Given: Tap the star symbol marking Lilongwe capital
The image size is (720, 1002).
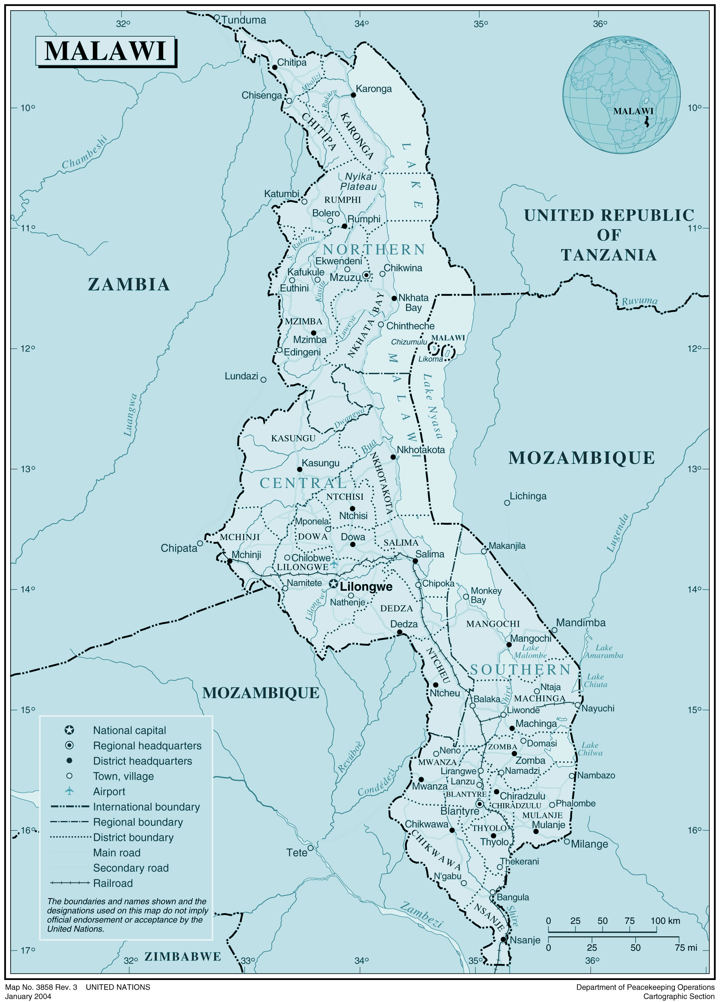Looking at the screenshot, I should tap(333, 584).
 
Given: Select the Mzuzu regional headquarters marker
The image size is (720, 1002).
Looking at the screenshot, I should tap(366, 275).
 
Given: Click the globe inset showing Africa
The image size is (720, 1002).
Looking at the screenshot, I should tap(621, 95).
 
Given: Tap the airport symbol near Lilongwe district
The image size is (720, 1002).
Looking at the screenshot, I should tap(334, 565).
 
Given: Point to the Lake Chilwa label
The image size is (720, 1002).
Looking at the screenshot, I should tap(590, 749).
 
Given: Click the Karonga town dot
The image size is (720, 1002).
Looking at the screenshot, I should tap(353, 95).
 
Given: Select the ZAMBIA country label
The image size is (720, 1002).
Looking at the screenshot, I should tap(129, 284).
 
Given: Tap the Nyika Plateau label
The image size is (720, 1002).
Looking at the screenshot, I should tap(358, 182).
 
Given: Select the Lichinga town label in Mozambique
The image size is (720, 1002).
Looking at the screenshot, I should tap(528, 496).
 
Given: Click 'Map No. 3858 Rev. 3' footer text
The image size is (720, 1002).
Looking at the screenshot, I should tap(41, 987).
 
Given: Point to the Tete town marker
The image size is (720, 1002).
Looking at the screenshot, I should tap(311, 848).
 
